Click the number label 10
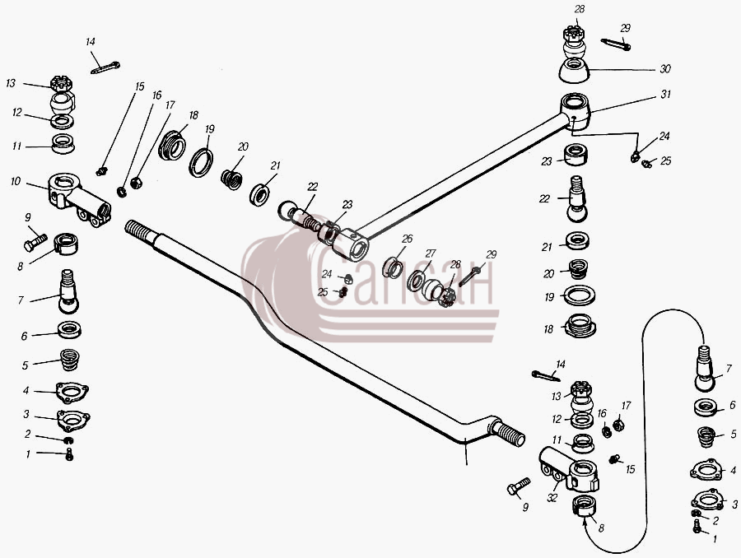click(x=16, y=181)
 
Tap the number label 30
click(x=665, y=69)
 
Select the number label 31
click(x=665, y=94)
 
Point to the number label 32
click(x=552, y=498)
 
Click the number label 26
click(x=407, y=239)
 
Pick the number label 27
click(x=430, y=253)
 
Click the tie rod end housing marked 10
click(x=79, y=199)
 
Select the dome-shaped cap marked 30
click(x=574, y=71)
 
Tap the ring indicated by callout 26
click(x=392, y=268)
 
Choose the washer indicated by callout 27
click(x=417, y=281)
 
